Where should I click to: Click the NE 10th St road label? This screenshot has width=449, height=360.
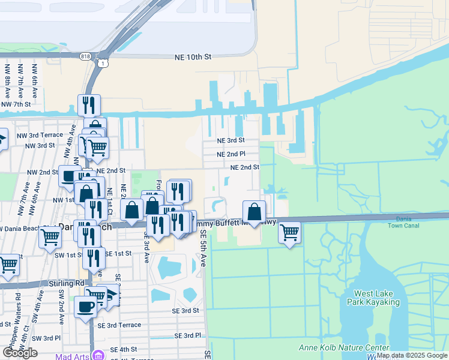pyautogui.click(x=193, y=57)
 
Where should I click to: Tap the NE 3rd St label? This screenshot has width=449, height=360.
pyautogui.click(x=231, y=140)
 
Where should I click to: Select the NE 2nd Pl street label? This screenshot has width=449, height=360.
pyautogui.click(x=231, y=154)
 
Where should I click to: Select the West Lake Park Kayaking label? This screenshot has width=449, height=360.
pyautogui.click(x=377, y=298)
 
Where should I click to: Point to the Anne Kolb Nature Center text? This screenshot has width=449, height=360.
pyautogui.click(x=344, y=348)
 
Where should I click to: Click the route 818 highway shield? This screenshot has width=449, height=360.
pyautogui.click(x=85, y=55)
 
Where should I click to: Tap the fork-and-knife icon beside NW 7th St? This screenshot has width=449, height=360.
pyautogui.click(x=89, y=106)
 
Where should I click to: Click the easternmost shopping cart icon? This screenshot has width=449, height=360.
pyautogui.click(x=289, y=232)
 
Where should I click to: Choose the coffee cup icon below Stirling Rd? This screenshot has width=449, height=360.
pyautogui.click(x=85, y=307)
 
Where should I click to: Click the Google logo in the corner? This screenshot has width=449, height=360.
pyautogui.click(x=20, y=353)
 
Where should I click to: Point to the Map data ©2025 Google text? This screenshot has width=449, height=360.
pyautogui.click(x=412, y=355)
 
